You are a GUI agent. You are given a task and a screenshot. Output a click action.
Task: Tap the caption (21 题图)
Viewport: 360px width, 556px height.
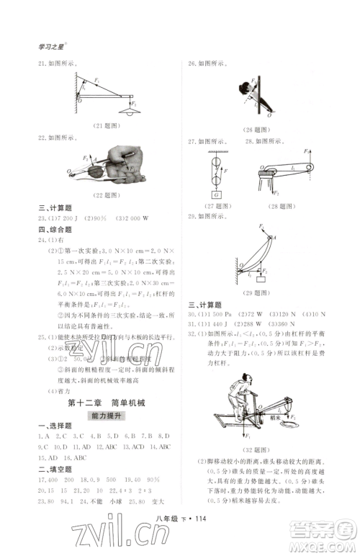pos(107,126)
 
